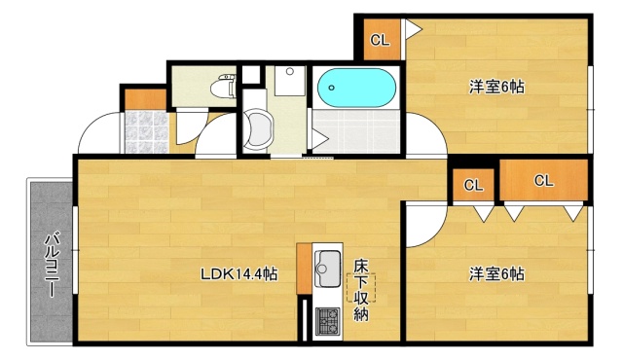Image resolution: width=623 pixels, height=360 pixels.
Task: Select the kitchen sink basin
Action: (x=328, y=263)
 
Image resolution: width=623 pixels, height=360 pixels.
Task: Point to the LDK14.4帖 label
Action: (x=238, y=274)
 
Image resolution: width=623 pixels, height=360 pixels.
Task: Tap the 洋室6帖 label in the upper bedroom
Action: (x=496, y=88)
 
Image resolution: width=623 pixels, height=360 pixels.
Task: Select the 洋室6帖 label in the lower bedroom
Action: (x=496, y=274)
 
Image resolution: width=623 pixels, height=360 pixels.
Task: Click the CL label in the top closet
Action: (x=380, y=40)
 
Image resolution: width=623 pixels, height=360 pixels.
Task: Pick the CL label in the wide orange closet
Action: (x=543, y=180)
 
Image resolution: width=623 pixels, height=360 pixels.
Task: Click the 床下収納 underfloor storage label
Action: (x=361, y=289)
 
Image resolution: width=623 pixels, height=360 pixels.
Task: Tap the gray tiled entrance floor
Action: (x=143, y=132)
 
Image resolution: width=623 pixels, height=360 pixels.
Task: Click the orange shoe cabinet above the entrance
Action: (x=144, y=99)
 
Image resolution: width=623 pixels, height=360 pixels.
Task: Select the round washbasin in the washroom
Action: (x=259, y=128)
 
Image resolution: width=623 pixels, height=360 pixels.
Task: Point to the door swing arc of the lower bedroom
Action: (x=421, y=226)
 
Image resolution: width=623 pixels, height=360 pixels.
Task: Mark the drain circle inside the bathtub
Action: (x=332, y=89)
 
